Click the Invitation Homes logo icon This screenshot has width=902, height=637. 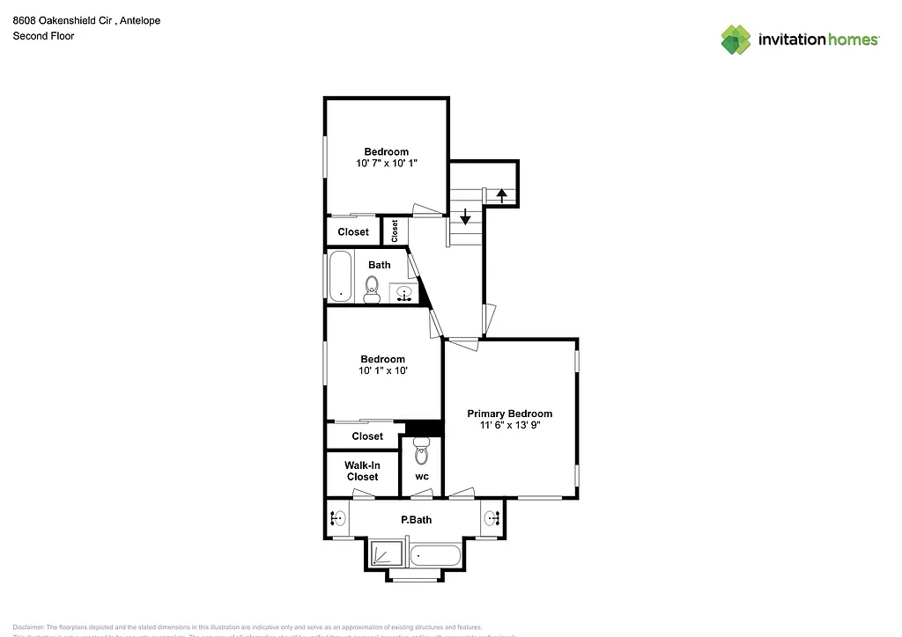pos(736,40)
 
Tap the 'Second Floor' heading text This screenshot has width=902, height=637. pos(43,36)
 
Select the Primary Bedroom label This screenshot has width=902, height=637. pos(509,414)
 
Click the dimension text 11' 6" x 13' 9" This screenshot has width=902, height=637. pos(509,425)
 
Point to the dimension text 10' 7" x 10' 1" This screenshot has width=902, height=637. pos(387,164)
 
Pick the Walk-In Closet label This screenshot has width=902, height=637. pos(362,471)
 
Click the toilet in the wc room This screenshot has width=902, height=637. pos(421,454)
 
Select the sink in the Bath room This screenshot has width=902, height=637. pos(405,293)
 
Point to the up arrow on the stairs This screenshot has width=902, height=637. pos(501,195)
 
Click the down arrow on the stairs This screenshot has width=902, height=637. pos(465,216)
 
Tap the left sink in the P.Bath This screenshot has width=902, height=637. pos(337,518)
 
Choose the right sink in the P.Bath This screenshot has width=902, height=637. pos(492,518)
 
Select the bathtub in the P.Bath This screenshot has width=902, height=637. pos(435,555)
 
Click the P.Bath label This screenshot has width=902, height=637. pos(417,520)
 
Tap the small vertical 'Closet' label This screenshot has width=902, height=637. pos(395,231)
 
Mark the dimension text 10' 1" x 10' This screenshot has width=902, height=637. pos(382,371)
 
